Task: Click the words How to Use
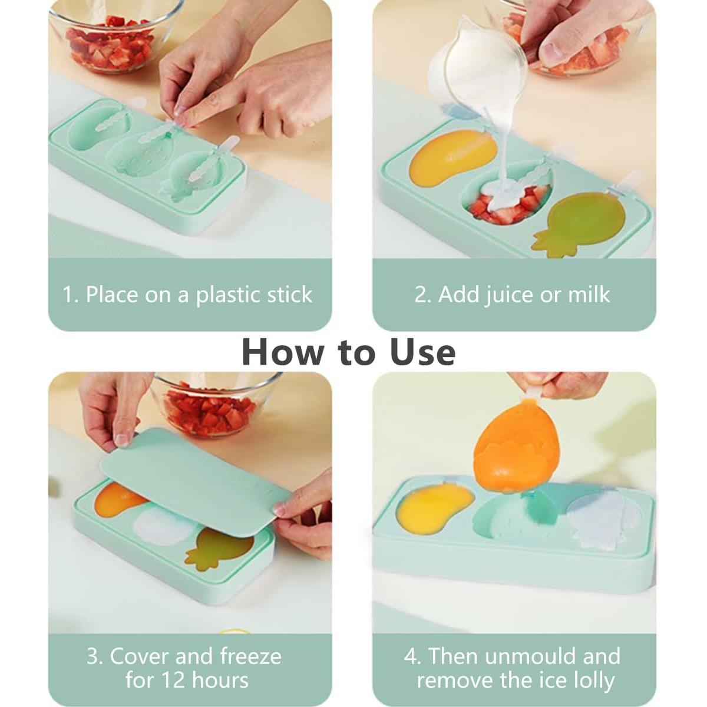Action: [349, 352]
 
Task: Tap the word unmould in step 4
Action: [527, 656]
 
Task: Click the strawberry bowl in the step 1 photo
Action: [112, 38]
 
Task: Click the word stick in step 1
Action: [289, 295]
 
